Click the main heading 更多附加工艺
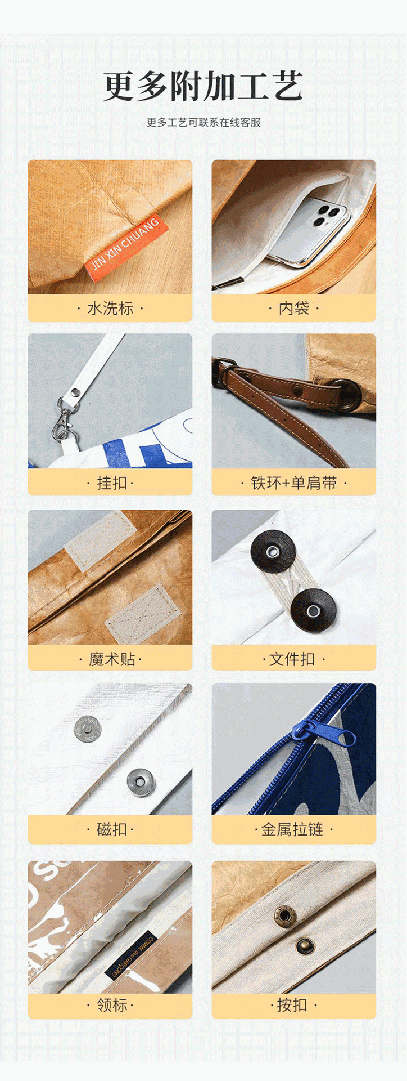coord(203,86)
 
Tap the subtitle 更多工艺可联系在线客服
coord(203,123)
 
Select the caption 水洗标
coord(110,309)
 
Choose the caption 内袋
coord(293,309)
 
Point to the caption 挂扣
coord(110,483)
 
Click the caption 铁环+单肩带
coord(293,483)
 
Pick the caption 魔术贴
coord(110,659)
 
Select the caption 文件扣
coord(293,659)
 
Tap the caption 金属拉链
coord(293,829)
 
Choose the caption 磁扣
coord(110,829)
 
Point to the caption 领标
coord(110,1005)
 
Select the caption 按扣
coord(293,1005)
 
